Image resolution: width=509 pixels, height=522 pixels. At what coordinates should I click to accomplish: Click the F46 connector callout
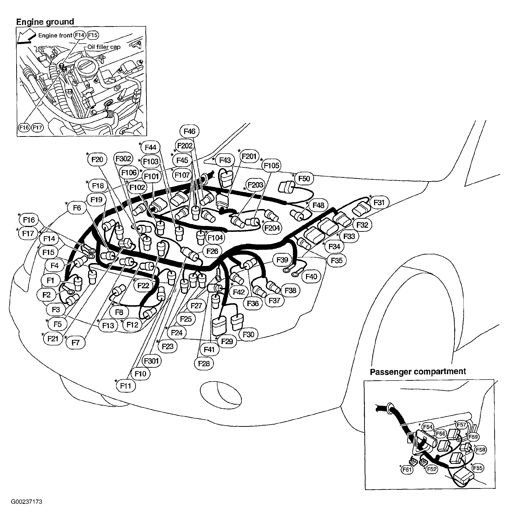tap(189, 131)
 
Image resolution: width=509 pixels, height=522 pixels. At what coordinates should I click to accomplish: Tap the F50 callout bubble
tap(304, 179)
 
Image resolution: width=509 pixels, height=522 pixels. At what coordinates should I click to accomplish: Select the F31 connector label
tap(379, 203)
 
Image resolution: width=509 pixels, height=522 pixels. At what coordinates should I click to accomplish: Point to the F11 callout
tap(126, 386)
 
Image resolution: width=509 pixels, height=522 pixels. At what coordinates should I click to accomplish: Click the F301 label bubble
tap(151, 361)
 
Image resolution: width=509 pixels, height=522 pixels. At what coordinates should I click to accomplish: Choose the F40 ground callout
tap(311, 277)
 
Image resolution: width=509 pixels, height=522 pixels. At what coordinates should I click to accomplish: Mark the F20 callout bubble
tap(97, 160)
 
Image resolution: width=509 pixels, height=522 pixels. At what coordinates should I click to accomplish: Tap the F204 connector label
tap(272, 228)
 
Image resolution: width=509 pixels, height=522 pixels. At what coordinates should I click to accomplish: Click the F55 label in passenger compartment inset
tap(478, 468)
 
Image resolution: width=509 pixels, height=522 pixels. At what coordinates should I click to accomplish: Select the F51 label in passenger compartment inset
tap(407, 470)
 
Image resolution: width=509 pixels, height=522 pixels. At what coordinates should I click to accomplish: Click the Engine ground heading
tap(45, 22)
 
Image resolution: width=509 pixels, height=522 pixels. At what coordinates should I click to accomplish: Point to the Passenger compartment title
tap(418, 372)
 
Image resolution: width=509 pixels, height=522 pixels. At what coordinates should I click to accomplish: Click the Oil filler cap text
tap(104, 47)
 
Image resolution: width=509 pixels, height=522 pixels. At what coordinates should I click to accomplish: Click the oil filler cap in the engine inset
tap(85, 65)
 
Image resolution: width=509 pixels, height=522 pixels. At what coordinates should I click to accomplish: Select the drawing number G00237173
tap(26, 502)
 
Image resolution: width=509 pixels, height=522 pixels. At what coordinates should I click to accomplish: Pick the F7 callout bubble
tap(76, 343)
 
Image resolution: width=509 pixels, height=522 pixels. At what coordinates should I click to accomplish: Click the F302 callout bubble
tap(123, 159)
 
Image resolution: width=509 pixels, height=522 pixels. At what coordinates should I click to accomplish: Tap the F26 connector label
tap(212, 251)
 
